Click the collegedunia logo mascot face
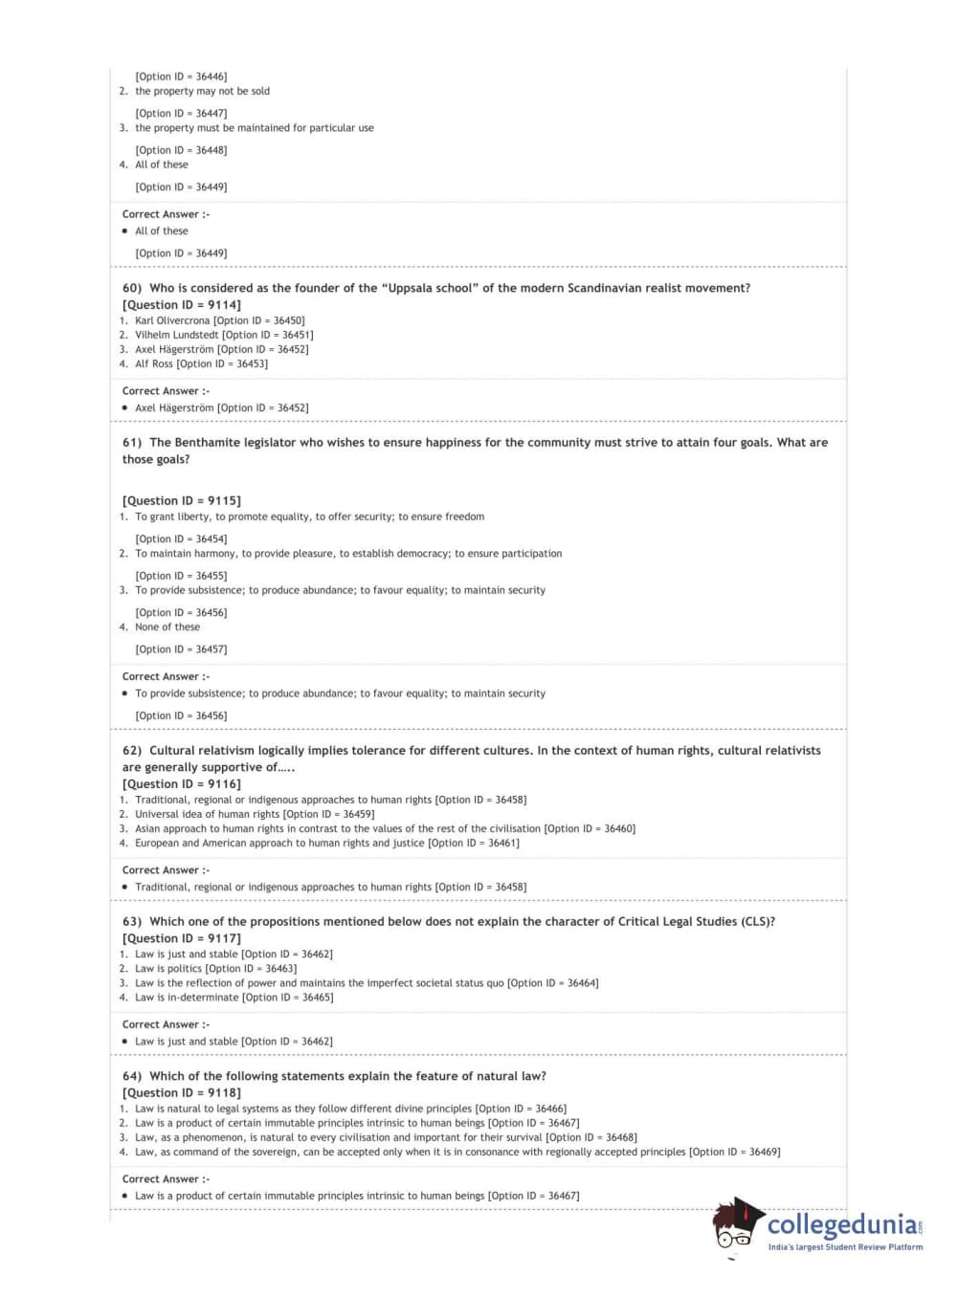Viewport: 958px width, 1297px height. [x=735, y=1228]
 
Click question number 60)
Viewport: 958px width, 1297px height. [x=132, y=288]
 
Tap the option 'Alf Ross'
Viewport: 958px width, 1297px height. [x=155, y=363]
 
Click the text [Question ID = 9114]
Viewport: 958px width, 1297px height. [x=182, y=305]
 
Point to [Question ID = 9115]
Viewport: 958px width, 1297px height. [x=182, y=500]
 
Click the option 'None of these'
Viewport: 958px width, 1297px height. [x=167, y=627]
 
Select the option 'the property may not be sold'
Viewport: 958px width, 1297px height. [x=202, y=91]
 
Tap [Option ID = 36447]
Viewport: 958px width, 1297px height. [x=181, y=113]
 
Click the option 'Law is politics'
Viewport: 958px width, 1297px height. [x=168, y=968]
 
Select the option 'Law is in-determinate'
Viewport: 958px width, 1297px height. [x=187, y=997]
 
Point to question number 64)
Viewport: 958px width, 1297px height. [x=132, y=1076]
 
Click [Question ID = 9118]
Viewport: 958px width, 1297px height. [x=182, y=1092]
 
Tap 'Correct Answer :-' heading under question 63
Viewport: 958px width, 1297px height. [x=166, y=1024]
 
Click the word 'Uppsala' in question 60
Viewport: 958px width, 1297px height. [x=412, y=288]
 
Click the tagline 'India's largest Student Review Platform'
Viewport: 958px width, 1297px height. [x=845, y=1247]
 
